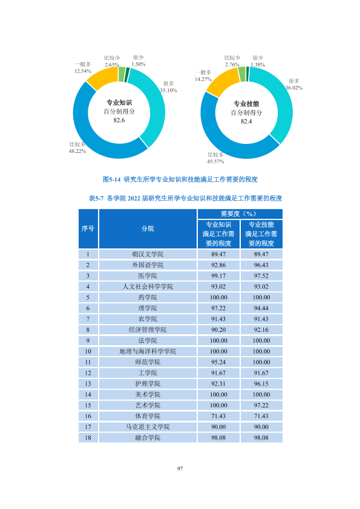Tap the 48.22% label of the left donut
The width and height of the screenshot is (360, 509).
point(77,151)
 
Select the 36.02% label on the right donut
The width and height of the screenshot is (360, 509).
point(294,88)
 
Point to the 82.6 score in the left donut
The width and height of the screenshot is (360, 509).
point(119,120)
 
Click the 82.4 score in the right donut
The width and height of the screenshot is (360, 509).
point(246,122)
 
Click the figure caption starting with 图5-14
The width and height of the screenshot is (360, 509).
point(180,179)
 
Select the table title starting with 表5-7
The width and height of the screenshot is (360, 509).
point(186,198)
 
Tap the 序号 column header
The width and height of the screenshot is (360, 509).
point(88,229)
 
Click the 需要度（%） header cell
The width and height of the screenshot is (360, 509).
point(240,214)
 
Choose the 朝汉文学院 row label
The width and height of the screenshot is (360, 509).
point(148,254)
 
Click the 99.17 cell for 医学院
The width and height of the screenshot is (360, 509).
point(218,276)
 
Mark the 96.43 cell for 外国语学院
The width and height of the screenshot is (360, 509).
point(261,265)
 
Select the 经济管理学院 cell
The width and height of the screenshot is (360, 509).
point(148,330)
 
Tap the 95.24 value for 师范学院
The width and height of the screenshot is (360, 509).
point(218,362)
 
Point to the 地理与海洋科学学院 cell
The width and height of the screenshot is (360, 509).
point(148,351)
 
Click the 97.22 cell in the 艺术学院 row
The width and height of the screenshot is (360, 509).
point(261,406)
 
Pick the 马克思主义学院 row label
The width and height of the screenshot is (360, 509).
point(148,427)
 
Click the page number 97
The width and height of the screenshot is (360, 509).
point(180,468)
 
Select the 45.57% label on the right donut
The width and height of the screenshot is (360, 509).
point(215,161)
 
